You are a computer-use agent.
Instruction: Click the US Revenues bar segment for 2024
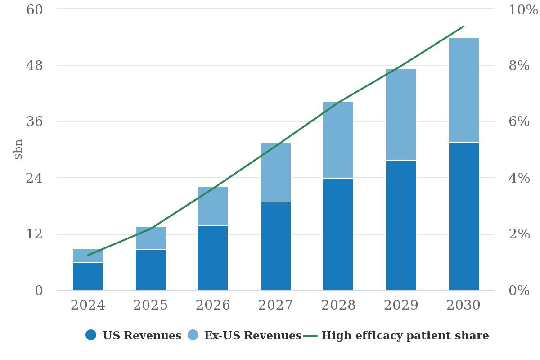[x=88, y=276]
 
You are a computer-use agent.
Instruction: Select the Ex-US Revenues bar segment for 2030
[x=464, y=90]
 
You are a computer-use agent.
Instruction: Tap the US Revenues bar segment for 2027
[x=276, y=246]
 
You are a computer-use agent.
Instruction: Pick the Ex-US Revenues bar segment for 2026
[x=213, y=206]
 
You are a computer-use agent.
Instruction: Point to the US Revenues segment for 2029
[x=401, y=225]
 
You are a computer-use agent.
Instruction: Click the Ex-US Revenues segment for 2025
[x=151, y=238]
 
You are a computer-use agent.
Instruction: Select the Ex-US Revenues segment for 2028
[x=338, y=140]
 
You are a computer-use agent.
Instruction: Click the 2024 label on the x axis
[x=88, y=305]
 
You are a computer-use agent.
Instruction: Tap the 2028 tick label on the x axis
[x=338, y=305]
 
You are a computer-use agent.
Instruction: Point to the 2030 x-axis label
[x=463, y=305]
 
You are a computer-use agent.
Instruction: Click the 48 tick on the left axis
[x=35, y=66]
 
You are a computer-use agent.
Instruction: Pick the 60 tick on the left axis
[x=35, y=9]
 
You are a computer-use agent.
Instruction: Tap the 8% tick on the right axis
[x=519, y=66]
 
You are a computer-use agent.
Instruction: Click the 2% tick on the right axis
[x=519, y=234]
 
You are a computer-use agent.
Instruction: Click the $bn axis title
[x=18, y=149]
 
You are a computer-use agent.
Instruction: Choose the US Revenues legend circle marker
[x=91, y=335]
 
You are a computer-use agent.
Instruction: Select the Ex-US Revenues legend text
[x=252, y=336]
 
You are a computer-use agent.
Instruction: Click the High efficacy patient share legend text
[x=405, y=336]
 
